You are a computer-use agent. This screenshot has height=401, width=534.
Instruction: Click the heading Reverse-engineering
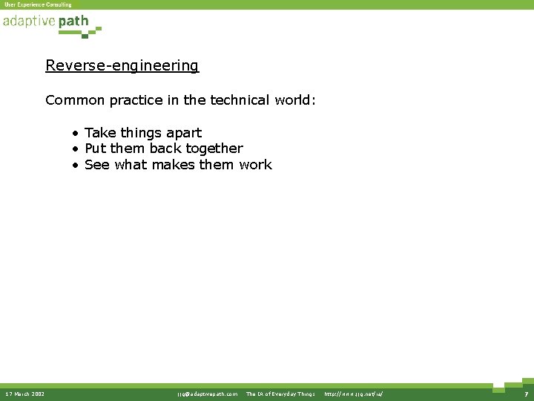pos(122,65)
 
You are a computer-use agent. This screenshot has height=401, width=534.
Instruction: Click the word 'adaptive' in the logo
pos(29,22)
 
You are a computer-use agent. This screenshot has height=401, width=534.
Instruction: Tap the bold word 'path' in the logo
pos(73,22)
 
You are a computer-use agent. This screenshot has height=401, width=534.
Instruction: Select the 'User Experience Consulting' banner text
pos(38,4)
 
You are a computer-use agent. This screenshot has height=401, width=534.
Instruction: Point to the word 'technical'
pos(238,100)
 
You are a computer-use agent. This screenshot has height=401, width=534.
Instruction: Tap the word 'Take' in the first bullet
pos(100,133)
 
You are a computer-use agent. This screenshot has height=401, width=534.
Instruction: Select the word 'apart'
pos(183,134)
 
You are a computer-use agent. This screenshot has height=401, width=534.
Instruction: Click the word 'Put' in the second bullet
pos(96,149)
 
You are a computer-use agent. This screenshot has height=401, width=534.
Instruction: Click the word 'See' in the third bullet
pos(97,165)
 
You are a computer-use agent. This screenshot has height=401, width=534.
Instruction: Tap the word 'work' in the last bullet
pos(255,165)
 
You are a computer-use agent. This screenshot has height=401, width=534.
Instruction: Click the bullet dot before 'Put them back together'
pos(76,149)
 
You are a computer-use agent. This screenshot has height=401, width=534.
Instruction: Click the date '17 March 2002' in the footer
pos(24,394)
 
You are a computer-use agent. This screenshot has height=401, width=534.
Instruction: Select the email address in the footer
pos(207,394)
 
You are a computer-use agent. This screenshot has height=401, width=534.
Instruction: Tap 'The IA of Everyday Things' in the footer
pos(280,394)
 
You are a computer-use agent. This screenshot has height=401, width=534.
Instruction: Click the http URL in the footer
pos(354,394)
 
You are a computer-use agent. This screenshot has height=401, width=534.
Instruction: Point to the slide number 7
pos(524,394)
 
